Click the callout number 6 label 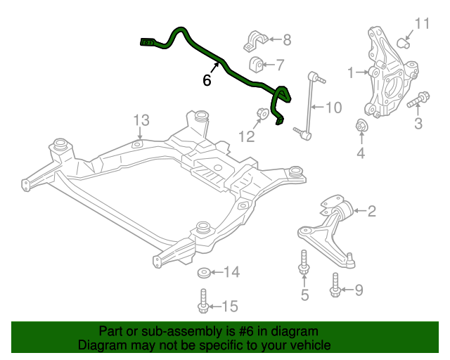(207, 81)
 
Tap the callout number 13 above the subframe (141, 120)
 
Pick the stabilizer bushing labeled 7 (257, 65)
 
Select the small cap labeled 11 (405, 40)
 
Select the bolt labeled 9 (335, 283)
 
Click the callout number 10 (333, 108)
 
